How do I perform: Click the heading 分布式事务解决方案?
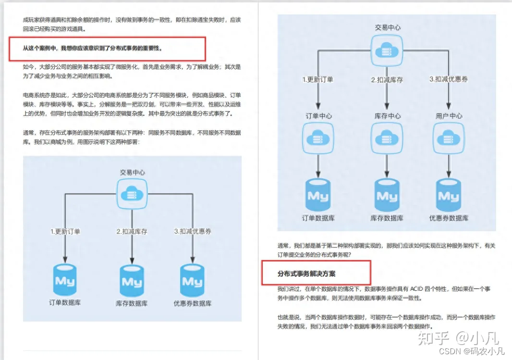coord(306,273)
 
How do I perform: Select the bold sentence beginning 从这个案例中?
coord(93,48)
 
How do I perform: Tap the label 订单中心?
coord(318,116)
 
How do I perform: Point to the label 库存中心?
coord(387,116)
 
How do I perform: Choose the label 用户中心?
coord(449,116)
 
